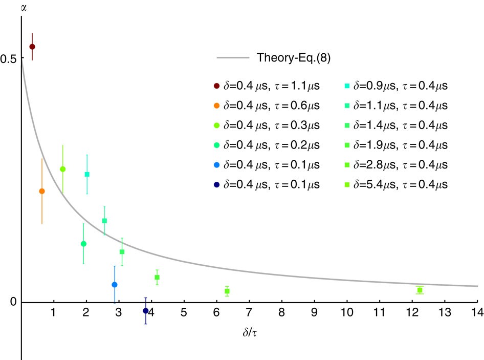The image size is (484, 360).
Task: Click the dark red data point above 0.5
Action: click(x=32, y=47)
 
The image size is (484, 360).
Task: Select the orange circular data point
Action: click(x=42, y=191)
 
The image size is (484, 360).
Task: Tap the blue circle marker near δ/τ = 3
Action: click(x=115, y=285)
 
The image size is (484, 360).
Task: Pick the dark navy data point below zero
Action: click(x=146, y=311)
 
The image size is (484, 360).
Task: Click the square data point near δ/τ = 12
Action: click(x=420, y=290)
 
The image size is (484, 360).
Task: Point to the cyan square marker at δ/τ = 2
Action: click(x=87, y=174)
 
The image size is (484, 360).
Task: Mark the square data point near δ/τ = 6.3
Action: click(x=227, y=291)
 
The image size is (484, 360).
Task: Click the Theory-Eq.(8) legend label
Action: click(x=293, y=57)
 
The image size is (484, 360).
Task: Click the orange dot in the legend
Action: click(x=217, y=106)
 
